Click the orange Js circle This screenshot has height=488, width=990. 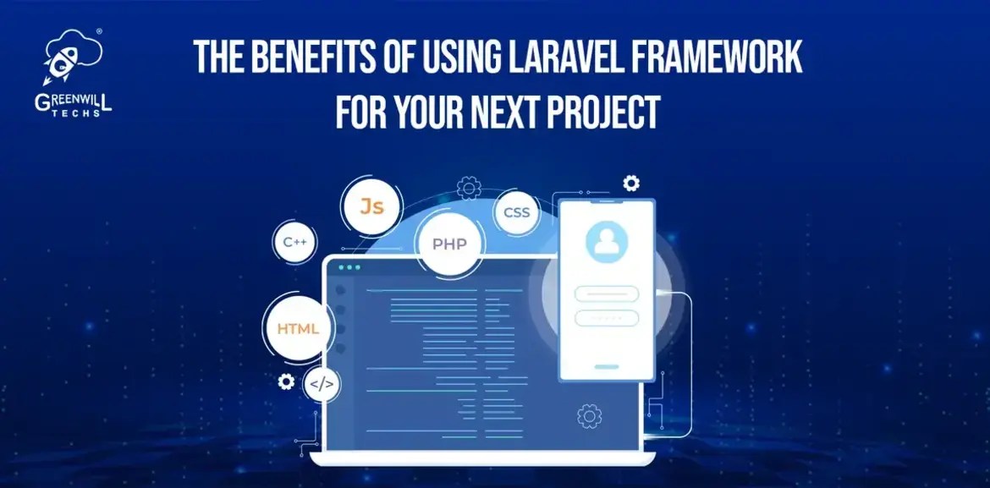pyautogui.click(x=371, y=206)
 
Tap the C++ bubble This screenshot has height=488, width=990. pyautogui.click(x=294, y=243)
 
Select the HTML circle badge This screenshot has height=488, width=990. pyautogui.click(x=298, y=327)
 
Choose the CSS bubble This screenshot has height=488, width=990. pyautogui.click(x=516, y=212)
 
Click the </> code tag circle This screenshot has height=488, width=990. pyautogui.click(x=322, y=384)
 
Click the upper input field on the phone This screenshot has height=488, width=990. pyautogui.click(x=606, y=293)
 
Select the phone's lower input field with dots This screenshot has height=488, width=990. pyautogui.click(x=606, y=318)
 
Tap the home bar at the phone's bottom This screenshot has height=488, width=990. pyautogui.click(x=606, y=367)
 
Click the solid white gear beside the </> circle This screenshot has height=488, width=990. pyautogui.click(x=286, y=381)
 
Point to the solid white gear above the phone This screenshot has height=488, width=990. pyautogui.click(x=630, y=183)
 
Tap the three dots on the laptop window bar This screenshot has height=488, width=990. pyautogui.click(x=348, y=268)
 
